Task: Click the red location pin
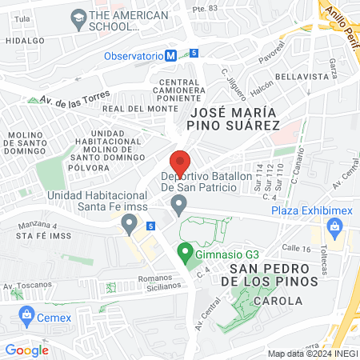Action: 180,161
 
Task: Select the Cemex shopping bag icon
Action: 27,314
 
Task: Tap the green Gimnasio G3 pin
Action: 184,255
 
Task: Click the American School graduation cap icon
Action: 78,16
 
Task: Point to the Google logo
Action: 27,350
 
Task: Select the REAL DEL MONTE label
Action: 140,109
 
